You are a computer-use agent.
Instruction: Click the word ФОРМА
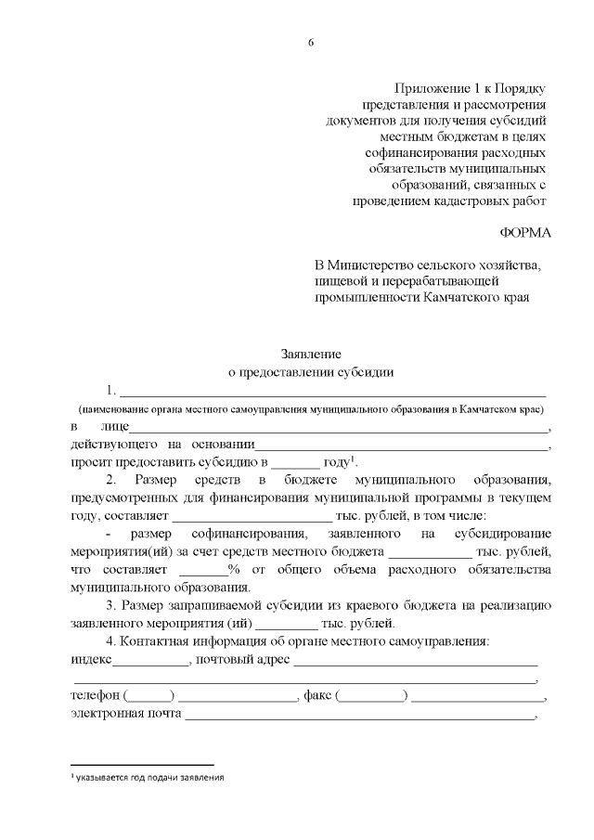tap(524, 232)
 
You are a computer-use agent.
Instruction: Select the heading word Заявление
tap(312, 354)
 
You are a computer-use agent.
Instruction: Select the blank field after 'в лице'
tap(340, 430)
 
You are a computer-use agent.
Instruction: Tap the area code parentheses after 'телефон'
tap(148, 697)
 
